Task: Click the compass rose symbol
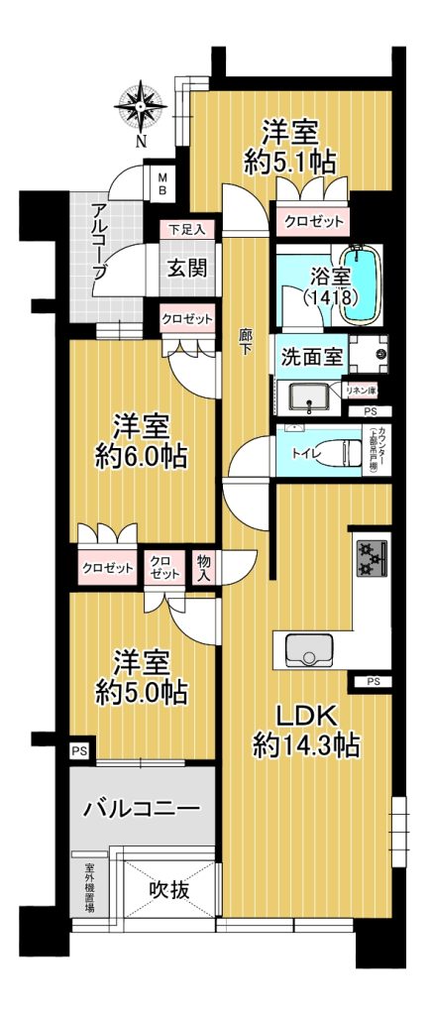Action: [x=141, y=106]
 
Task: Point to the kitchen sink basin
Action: [x=309, y=648]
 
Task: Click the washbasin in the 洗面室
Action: [x=309, y=396]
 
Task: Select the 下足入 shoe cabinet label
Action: [x=187, y=229]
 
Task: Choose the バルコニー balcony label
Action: [x=142, y=809]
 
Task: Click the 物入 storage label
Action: [x=202, y=568]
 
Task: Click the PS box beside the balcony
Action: [x=79, y=751]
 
